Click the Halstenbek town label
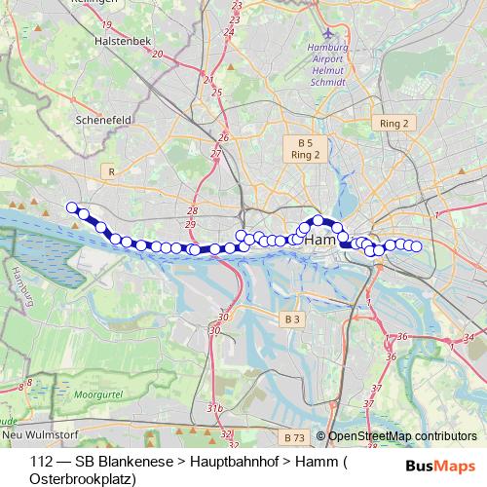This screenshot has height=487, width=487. click(122, 43)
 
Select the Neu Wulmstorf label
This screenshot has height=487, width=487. click(39, 433)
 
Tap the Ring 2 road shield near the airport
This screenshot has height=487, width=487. click(393, 123)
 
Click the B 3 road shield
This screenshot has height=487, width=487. click(293, 318)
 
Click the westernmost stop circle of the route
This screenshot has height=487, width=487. click(71, 206)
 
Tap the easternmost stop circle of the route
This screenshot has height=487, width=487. click(417, 246)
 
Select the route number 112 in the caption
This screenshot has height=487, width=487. click(41, 461)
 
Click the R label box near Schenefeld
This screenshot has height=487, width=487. click(112, 171)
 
